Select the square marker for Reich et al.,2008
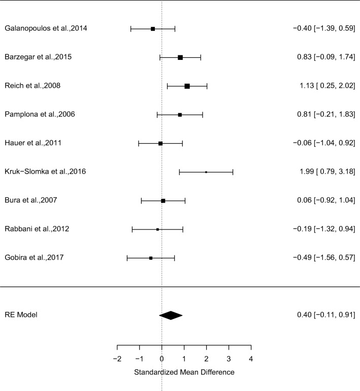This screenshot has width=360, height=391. [187, 86]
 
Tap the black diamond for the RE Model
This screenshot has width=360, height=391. [171, 315]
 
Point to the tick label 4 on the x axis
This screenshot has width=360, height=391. [251, 359]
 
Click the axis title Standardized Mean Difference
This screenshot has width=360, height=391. [184, 372]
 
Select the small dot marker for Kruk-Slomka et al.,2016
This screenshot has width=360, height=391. [206, 172]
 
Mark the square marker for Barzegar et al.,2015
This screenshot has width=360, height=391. [180, 57]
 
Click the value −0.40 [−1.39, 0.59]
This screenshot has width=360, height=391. [323, 28]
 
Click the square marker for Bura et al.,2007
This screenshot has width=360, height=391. [163, 201]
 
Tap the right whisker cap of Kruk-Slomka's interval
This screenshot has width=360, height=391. [233, 172]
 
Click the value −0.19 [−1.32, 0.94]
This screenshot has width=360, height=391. [323, 230]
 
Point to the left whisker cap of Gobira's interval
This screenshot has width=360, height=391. [127, 258]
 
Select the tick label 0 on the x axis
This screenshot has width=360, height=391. [161, 359]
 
